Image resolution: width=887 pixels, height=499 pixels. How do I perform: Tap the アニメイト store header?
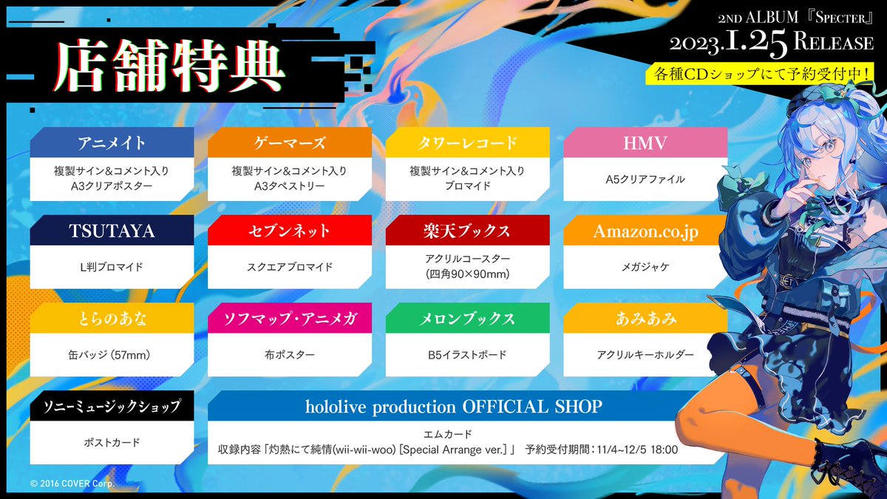click(x=112, y=143)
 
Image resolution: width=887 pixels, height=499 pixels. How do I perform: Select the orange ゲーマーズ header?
click(x=289, y=143)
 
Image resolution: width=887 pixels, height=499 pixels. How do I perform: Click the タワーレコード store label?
click(x=467, y=143)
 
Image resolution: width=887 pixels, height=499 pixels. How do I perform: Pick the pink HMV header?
click(x=645, y=143)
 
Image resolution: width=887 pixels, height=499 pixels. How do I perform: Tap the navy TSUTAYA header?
click(x=112, y=231)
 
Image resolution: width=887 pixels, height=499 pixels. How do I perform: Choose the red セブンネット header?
click(x=289, y=231)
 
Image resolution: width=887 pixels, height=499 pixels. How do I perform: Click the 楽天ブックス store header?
click(x=467, y=231)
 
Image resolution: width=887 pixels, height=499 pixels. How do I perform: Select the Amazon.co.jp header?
click(x=645, y=231)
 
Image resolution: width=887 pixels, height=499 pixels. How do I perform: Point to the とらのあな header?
click(x=112, y=319)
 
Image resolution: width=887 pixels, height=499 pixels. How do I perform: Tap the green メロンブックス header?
click(x=467, y=319)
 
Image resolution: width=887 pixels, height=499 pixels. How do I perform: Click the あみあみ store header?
click(x=645, y=319)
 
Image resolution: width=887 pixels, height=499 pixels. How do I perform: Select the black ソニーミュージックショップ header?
click(x=112, y=407)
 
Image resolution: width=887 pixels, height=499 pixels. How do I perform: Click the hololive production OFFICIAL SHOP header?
click(x=454, y=407)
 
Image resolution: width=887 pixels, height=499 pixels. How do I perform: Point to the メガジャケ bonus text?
click(x=645, y=267)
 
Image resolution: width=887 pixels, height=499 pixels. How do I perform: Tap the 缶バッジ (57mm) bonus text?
click(x=112, y=355)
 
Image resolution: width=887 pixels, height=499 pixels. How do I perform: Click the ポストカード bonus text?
click(x=112, y=443)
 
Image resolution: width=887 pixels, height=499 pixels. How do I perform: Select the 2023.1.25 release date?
click(x=729, y=43)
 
